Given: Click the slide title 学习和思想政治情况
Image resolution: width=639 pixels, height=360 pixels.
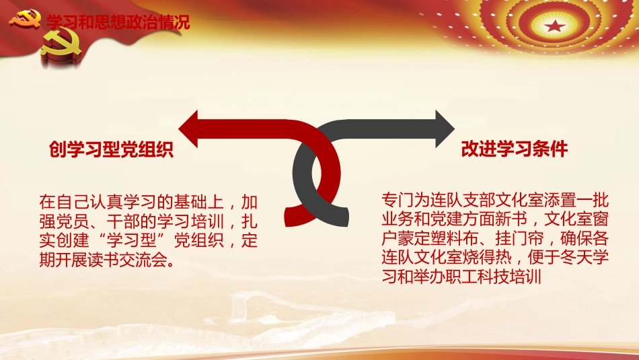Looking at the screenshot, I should pos(118,22).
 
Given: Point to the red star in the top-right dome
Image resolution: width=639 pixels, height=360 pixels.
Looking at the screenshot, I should pos(555,28).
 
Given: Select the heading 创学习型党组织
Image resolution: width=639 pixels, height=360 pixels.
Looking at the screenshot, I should pos(112,149).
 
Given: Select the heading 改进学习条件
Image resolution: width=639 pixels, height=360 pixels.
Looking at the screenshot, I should pos(515,149).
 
